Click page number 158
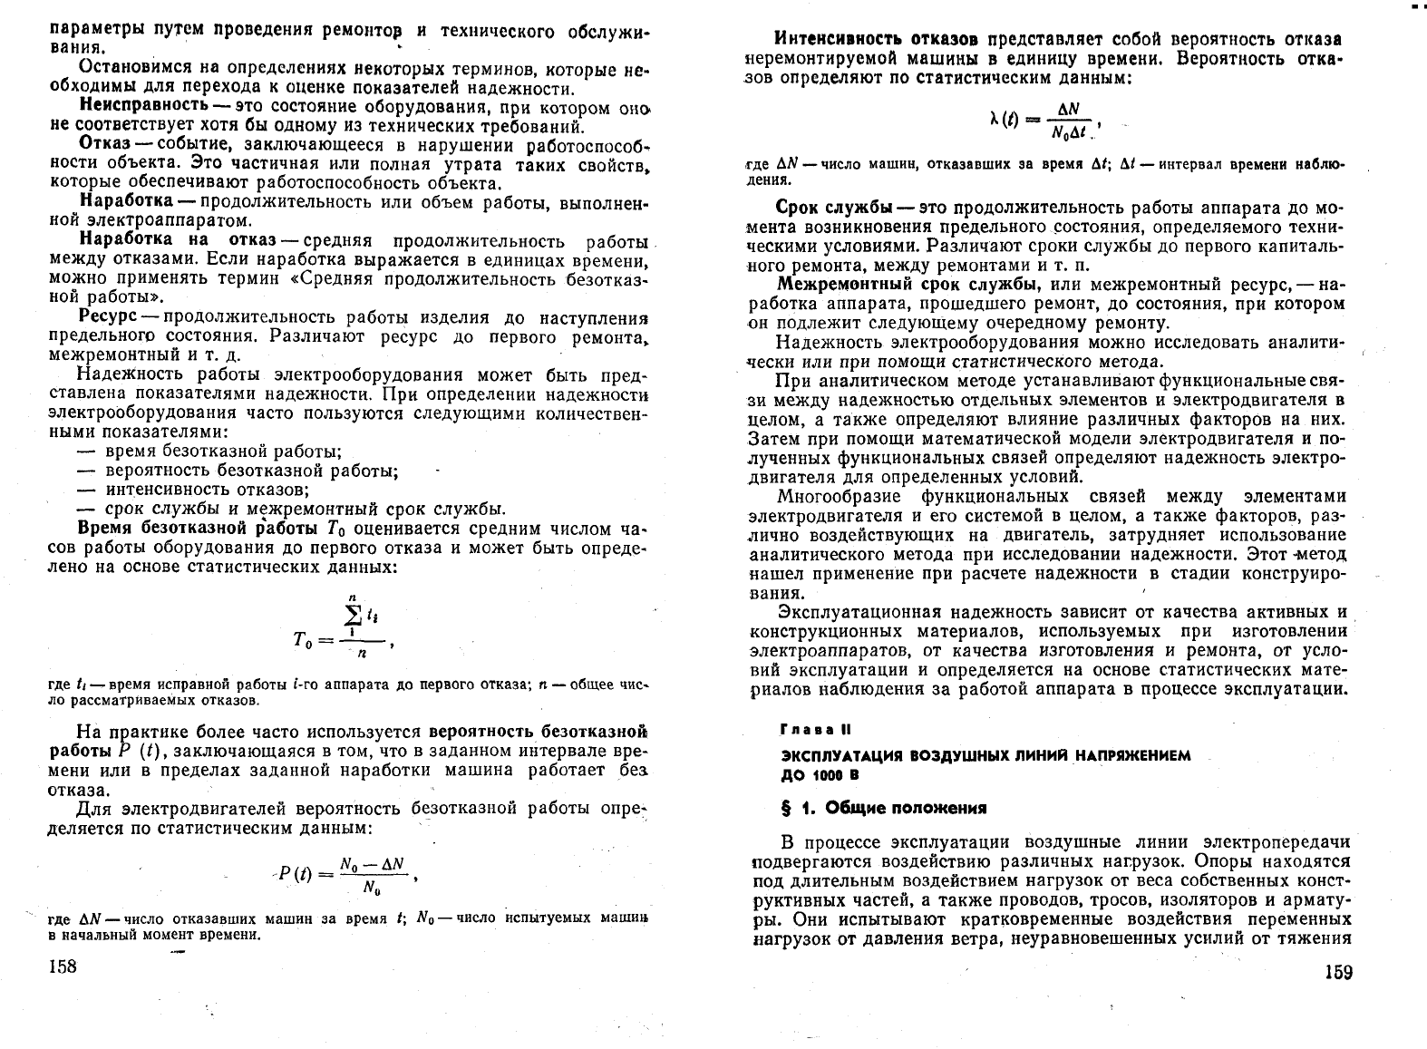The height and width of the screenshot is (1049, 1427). pyautogui.click(x=62, y=966)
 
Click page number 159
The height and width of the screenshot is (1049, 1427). pyautogui.click(x=1337, y=973)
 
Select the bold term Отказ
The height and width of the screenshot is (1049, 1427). pyautogui.click(x=105, y=146)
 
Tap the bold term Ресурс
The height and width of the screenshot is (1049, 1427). pyautogui.click(x=108, y=317)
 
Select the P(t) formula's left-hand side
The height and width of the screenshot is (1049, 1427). pyautogui.click(x=295, y=875)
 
